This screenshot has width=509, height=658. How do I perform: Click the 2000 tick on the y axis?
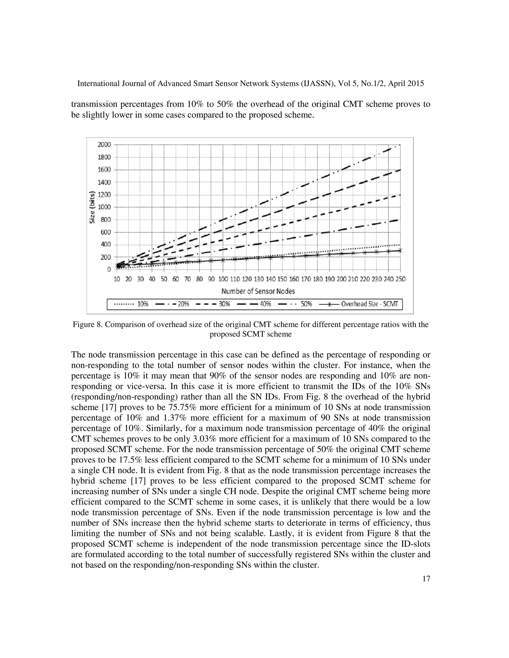click(x=104, y=145)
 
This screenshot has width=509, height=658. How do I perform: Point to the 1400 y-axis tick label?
click(x=104, y=182)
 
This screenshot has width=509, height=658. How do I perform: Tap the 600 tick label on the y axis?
click(x=105, y=232)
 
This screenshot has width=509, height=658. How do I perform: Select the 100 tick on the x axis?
click(x=223, y=279)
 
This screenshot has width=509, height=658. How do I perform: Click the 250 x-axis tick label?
click(x=400, y=279)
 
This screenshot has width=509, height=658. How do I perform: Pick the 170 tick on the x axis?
click(x=306, y=279)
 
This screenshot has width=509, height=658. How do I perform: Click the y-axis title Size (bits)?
click(x=92, y=208)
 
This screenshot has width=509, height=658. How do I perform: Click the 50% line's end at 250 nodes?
click(x=400, y=145)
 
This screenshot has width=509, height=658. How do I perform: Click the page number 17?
click(x=426, y=579)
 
